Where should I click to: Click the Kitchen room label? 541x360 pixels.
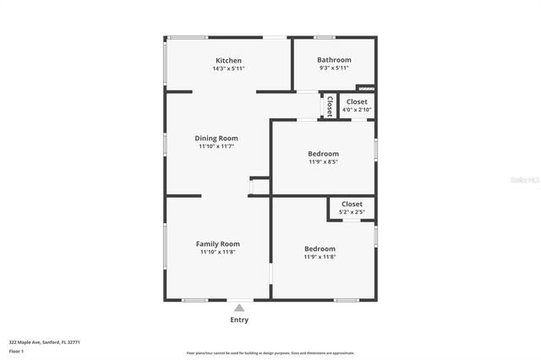(228, 61)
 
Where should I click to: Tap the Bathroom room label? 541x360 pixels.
(334, 60)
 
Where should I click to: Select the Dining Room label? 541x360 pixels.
(216, 138)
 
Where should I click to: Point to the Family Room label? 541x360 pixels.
(218, 243)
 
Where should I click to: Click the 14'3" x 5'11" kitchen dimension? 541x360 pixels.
(228, 68)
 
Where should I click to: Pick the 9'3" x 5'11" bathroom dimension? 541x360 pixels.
(334, 68)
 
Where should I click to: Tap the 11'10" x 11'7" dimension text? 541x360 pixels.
(216, 146)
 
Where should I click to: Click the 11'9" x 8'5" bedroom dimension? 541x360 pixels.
(323, 161)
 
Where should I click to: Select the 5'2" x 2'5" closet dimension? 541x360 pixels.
(352, 212)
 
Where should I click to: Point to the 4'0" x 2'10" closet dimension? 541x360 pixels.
(357, 109)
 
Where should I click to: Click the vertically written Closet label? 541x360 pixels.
(329, 106)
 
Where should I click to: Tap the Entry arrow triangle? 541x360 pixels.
(239, 308)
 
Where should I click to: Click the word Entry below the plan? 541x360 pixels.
(239, 320)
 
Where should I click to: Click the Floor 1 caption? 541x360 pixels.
(16, 350)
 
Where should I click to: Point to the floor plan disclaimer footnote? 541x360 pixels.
(270, 353)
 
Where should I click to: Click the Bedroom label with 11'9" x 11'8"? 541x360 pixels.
(320, 248)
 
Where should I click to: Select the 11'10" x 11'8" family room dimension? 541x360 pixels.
(218, 252)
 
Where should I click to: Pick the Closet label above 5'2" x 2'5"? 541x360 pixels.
(352, 204)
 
